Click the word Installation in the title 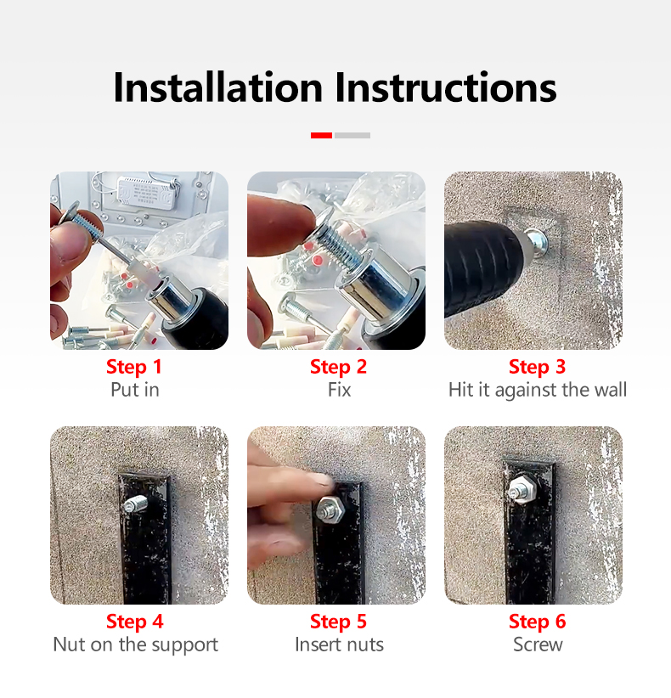(218, 87)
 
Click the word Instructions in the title (445, 87)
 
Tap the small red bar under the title (321, 135)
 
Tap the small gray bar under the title (352, 135)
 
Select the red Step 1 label (134, 367)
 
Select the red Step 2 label (338, 367)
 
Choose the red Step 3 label (537, 367)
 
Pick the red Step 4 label (134, 622)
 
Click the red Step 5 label (338, 622)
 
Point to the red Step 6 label (537, 622)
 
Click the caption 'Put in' (134, 390)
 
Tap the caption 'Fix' (339, 390)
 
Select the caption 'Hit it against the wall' (537, 390)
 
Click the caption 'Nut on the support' (135, 645)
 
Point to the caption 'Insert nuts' (339, 645)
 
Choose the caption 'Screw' (538, 645)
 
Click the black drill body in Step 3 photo (480, 263)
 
